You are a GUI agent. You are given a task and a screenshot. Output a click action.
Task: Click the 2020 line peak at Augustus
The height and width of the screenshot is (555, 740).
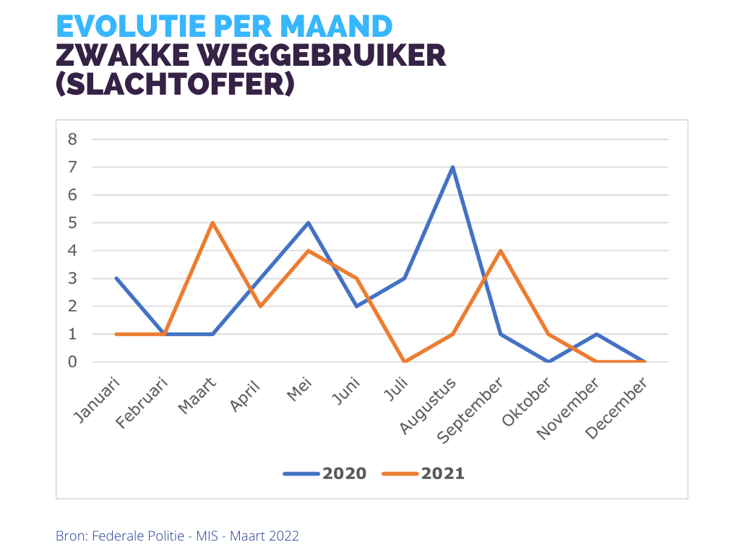click(x=452, y=168)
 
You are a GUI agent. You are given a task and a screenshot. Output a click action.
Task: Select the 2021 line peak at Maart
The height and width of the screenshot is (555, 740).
click(x=212, y=223)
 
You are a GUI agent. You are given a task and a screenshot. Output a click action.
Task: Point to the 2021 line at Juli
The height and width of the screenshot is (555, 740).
click(x=405, y=361)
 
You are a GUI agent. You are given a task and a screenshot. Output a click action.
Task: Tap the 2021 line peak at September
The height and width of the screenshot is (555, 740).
click(x=500, y=251)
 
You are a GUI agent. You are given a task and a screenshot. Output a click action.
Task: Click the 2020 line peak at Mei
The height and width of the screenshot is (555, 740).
click(x=309, y=223)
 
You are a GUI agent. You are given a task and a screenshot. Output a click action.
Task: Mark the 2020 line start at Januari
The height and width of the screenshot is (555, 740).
click(x=116, y=278)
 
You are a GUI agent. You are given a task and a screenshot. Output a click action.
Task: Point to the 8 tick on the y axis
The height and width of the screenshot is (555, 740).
click(x=72, y=139)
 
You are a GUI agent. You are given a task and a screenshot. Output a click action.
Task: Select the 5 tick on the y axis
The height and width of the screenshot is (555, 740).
click(x=72, y=223)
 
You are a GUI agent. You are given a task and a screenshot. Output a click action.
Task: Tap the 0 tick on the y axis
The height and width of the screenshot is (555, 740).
click(x=72, y=361)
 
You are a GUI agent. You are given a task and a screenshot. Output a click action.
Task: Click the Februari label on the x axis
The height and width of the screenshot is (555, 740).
click(x=142, y=404)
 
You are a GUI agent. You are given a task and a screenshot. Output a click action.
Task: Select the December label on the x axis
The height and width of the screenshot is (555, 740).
click(x=619, y=408)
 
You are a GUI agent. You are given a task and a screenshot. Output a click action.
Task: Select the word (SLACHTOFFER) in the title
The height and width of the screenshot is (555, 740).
click(x=175, y=85)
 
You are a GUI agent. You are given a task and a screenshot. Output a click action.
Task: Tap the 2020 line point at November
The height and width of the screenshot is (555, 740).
click(x=596, y=334)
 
